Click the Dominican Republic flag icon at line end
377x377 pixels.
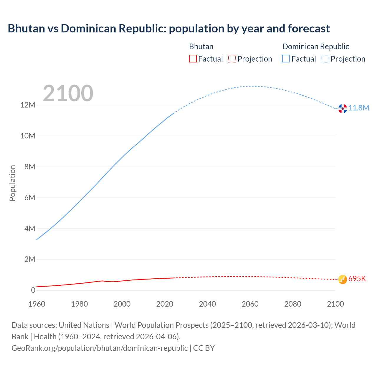pyautogui.click(x=343, y=108)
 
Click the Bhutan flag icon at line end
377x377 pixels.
pyautogui.click(x=343, y=279)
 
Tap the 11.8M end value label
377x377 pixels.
pyautogui.click(x=359, y=108)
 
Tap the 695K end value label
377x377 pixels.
pyautogui.click(x=357, y=279)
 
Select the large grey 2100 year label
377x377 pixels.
pyautogui.click(x=68, y=93)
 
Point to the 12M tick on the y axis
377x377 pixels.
pyautogui.click(x=28, y=105)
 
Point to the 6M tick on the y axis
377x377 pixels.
pyautogui.click(x=30, y=198)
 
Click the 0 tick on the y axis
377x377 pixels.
pyautogui.click(x=33, y=290)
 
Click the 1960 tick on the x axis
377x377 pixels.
pyautogui.click(x=37, y=304)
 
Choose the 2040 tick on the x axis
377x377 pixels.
pyautogui.click(x=207, y=304)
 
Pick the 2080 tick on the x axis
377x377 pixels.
pyautogui.click(x=293, y=304)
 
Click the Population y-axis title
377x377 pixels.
pyautogui.click(x=12, y=183)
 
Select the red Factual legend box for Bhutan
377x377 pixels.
pyautogui.click(x=193, y=59)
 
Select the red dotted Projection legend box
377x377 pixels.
pyautogui.click(x=232, y=59)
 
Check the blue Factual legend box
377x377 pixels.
pyautogui.click(x=286, y=59)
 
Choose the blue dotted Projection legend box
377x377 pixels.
pyautogui.click(x=325, y=59)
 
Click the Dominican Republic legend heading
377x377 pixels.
pyautogui.click(x=315, y=47)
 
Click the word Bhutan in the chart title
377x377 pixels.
pyautogui.click(x=25, y=29)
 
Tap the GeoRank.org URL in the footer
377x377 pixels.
pyautogui.click(x=100, y=348)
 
